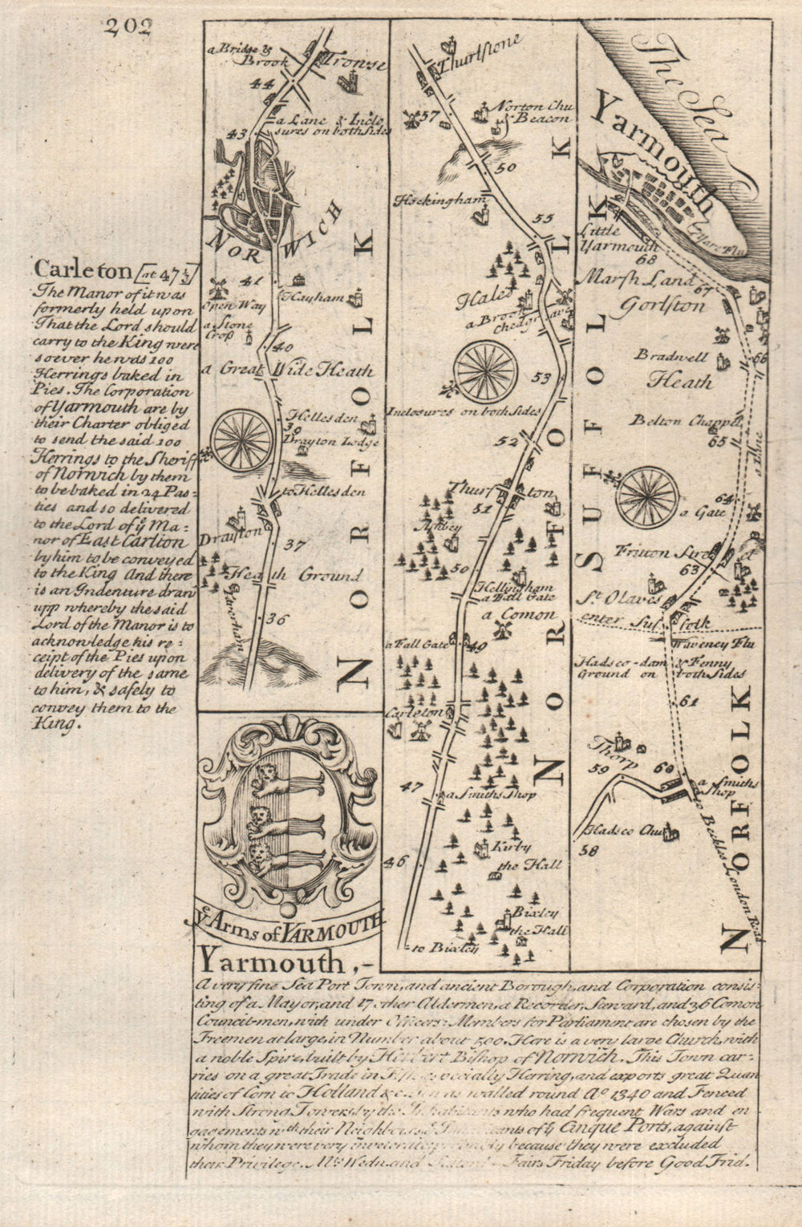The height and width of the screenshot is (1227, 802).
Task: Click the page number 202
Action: click(127, 26)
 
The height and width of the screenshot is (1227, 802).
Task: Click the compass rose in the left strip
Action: click(240, 440)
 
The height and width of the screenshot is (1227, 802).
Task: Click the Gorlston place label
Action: click(662, 306)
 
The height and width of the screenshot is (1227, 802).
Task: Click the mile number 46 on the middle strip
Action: click(393, 861)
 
